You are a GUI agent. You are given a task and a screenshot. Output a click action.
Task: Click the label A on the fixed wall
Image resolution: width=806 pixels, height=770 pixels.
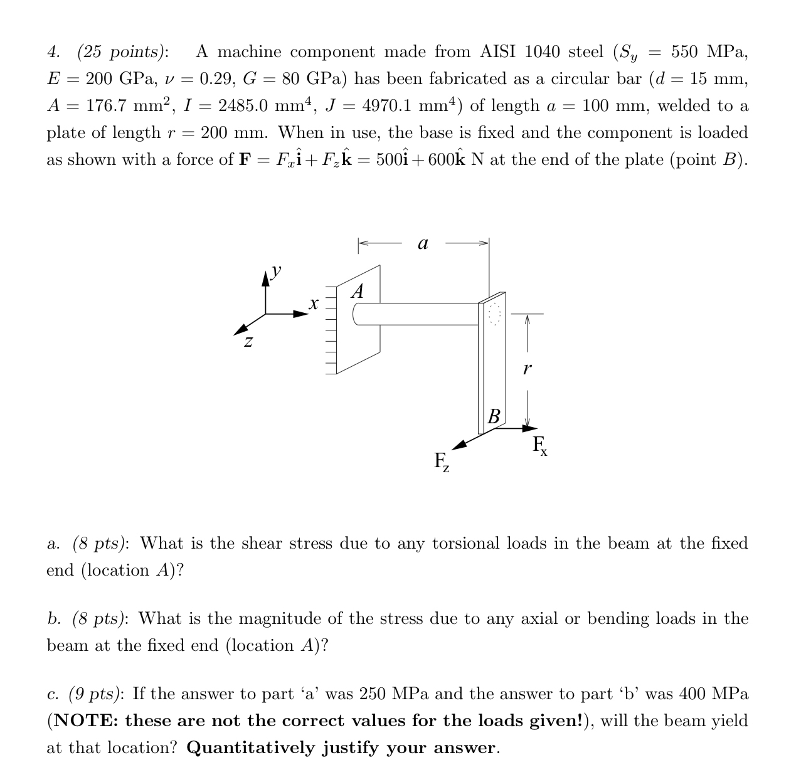358,292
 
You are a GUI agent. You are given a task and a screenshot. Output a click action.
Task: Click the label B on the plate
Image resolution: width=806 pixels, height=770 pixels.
494,415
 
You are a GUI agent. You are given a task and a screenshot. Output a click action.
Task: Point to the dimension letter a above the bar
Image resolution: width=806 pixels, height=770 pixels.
423,243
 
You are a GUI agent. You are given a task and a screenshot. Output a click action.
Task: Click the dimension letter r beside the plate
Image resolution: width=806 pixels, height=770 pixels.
526,369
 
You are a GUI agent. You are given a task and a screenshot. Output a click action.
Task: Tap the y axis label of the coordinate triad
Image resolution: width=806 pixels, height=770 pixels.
275,271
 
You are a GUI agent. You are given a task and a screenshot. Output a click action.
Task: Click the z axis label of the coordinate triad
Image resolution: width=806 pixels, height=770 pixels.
248,342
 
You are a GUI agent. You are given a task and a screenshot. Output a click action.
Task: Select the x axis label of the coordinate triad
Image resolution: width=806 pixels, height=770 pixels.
314,304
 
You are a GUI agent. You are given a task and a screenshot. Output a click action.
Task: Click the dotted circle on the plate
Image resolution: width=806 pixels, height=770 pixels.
495,313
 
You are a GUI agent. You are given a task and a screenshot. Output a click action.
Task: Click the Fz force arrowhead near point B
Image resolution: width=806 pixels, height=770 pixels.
460,445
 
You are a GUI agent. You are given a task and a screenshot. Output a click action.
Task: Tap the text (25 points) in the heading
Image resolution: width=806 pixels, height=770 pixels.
123,51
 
